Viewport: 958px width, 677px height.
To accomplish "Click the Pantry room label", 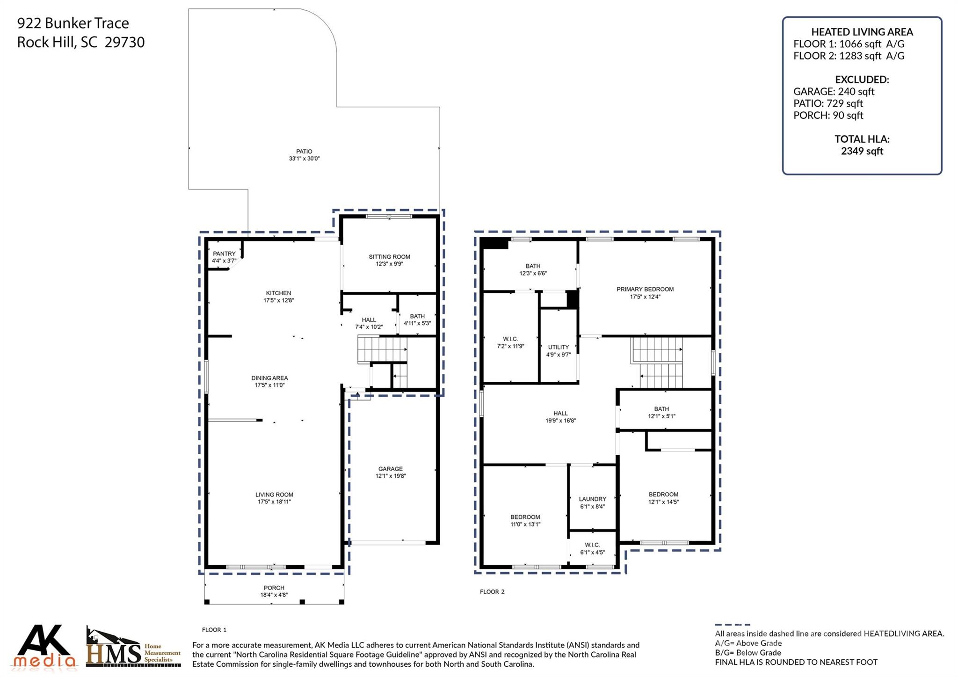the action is (225, 254).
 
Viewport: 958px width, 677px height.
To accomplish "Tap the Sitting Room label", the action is (389, 257).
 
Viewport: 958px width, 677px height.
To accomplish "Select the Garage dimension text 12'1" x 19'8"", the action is (391, 476).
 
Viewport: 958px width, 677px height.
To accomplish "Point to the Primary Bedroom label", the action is (645, 289).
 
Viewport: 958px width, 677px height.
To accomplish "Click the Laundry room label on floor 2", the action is (592, 499).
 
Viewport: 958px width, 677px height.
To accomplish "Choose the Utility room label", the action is (559, 347).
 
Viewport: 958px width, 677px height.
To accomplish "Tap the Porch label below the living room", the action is (274, 588).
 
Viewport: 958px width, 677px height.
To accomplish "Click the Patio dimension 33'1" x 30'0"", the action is (304, 159).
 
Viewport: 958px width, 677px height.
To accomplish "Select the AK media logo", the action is (45, 646).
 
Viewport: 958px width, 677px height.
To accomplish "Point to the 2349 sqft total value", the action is (862, 151).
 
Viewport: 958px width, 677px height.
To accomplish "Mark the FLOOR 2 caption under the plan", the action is (492, 592).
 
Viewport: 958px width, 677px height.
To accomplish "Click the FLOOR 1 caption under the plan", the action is (214, 630).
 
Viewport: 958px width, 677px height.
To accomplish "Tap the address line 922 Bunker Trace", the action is (73, 23).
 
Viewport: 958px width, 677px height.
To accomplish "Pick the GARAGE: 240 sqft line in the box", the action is (834, 92).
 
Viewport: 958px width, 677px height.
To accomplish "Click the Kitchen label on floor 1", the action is (278, 293).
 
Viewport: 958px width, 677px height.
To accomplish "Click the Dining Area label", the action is (269, 378).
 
